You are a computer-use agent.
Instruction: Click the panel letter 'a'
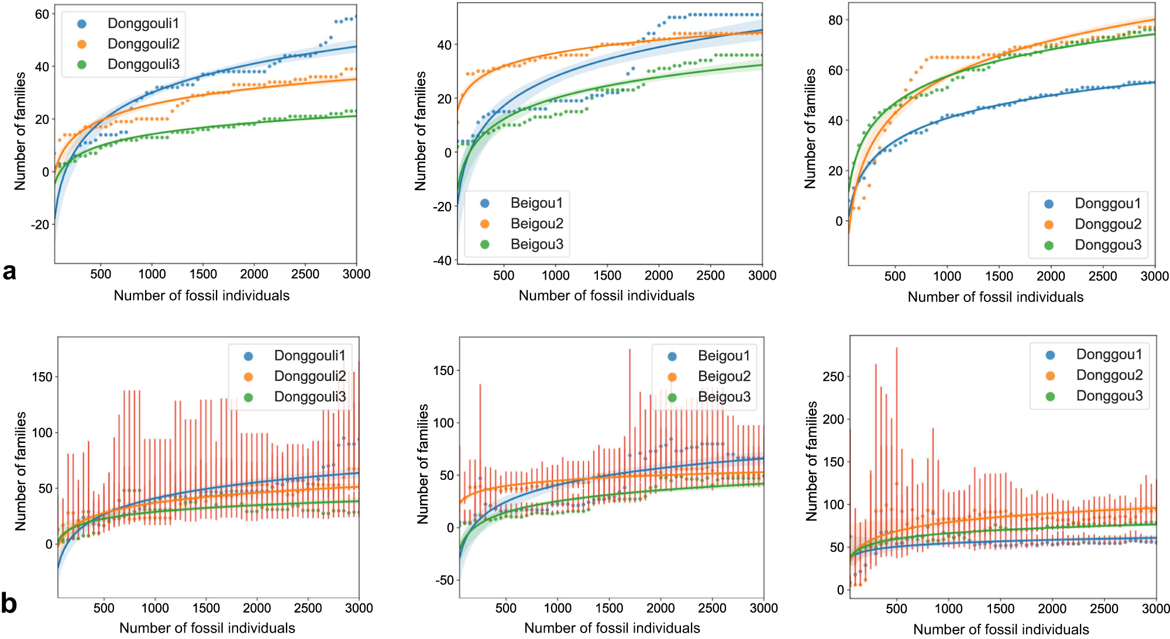click(x=9, y=272)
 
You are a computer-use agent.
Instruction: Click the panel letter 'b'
click(x=9, y=603)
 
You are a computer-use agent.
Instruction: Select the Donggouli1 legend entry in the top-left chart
click(x=143, y=23)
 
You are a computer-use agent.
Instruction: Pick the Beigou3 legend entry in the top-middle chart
click(x=536, y=244)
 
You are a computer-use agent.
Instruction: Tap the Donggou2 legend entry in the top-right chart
click(x=1107, y=224)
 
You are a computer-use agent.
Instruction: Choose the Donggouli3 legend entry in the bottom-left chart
click(x=309, y=397)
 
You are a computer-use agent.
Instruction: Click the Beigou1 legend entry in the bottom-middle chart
click(x=724, y=356)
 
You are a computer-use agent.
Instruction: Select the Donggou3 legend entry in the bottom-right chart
click(x=1109, y=396)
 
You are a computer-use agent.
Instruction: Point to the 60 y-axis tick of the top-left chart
click(x=42, y=14)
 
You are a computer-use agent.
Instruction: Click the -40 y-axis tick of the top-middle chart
click(x=442, y=260)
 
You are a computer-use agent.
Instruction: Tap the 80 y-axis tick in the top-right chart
click(x=835, y=20)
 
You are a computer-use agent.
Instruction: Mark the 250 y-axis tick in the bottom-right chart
click(x=833, y=376)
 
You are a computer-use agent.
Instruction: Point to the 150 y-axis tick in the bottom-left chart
click(x=42, y=377)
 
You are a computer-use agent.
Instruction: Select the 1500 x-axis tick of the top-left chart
click(x=203, y=274)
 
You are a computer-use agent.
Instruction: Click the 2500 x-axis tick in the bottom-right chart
click(x=1104, y=609)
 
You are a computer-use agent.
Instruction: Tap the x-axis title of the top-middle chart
click(x=607, y=296)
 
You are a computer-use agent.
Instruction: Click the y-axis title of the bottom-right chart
click(x=811, y=461)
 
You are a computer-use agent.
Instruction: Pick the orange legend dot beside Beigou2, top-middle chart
click(x=485, y=224)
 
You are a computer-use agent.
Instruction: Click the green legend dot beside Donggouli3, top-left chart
click(x=82, y=64)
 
